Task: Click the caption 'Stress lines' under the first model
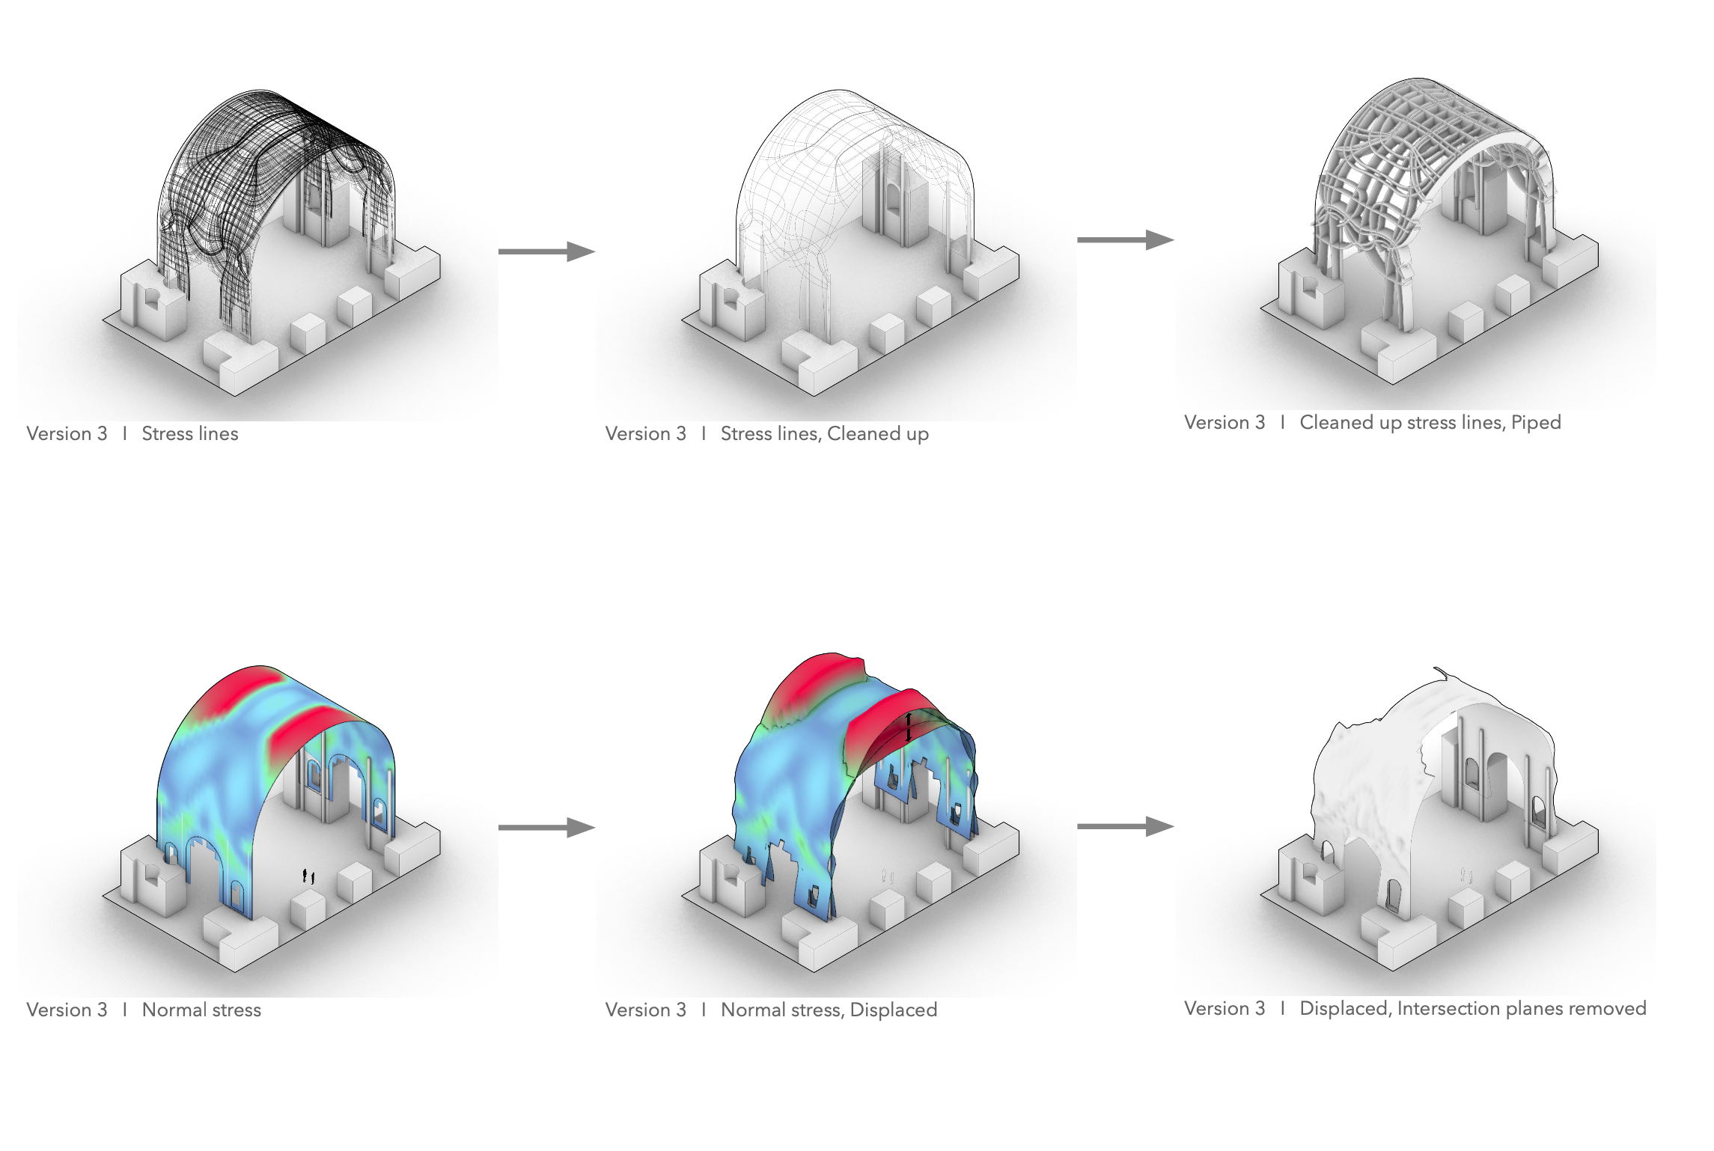pyautogui.click(x=189, y=434)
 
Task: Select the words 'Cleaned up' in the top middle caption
pyautogui.click(x=877, y=434)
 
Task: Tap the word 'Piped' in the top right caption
pyautogui.click(x=1536, y=423)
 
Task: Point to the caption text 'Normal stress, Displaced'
pyautogui.click(x=829, y=1010)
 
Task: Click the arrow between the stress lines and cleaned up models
pyautogui.click(x=546, y=251)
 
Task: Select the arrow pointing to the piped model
pyautogui.click(x=1125, y=240)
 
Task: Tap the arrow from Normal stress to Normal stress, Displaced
pyautogui.click(x=546, y=828)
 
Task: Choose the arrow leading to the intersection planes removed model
pyautogui.click(x=1125, y=827)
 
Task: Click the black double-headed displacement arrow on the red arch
pyautogui.click(x=909, y=727)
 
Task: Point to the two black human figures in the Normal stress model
pyautogui.click(x=308, y=876)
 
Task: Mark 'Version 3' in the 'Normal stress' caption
pyautogui.click(x=67, y=1010)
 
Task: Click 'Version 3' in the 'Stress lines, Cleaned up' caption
pyautogui.click(x=645, y=434)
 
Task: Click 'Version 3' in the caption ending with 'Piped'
pyautogui.click(x=1224, y=423)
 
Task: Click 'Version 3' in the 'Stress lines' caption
pyautogui.click(x=67, y=434)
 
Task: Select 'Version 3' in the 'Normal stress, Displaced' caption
pyautogui.click(x=645, y=1010)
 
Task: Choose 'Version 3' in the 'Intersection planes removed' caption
pyautogui.click(x=1224, y=1009)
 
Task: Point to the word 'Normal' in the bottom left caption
pyautogui.click(x=169, y=1010)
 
